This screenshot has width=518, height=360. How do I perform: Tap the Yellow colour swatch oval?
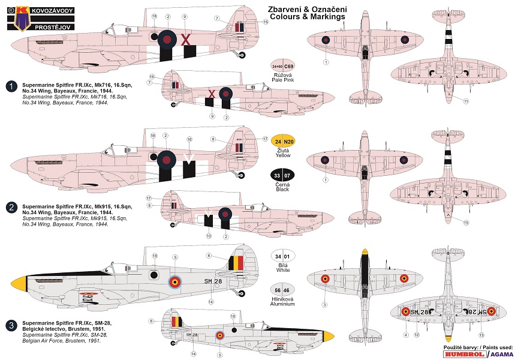tap(282, 143)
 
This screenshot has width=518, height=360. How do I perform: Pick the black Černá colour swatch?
tap(282, 176)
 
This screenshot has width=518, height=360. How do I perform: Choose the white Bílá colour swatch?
tap(282, 256)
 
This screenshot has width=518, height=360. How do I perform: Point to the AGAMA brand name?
tap(499, 355)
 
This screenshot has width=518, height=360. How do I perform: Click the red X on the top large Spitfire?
tap(185, 40)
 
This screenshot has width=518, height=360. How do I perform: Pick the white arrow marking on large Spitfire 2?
tap(190, 158)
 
